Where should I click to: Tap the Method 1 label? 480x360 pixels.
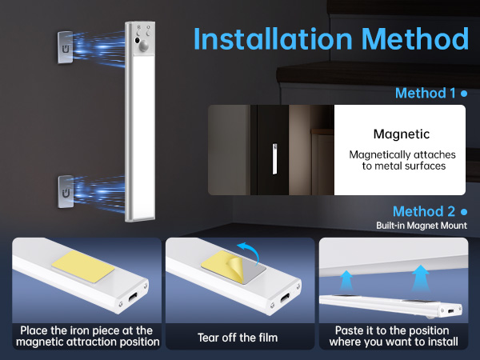point(424,94)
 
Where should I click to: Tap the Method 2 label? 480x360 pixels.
point(424,212)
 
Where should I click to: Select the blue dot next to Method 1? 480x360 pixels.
point(463,94)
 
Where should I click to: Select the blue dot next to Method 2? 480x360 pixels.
point(463,212)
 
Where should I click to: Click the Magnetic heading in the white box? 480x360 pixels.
point(402,134)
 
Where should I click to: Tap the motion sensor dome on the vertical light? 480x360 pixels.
point(144,46)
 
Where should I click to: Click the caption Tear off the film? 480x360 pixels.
point(238,338)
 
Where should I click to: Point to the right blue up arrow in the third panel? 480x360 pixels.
point(418,278)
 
